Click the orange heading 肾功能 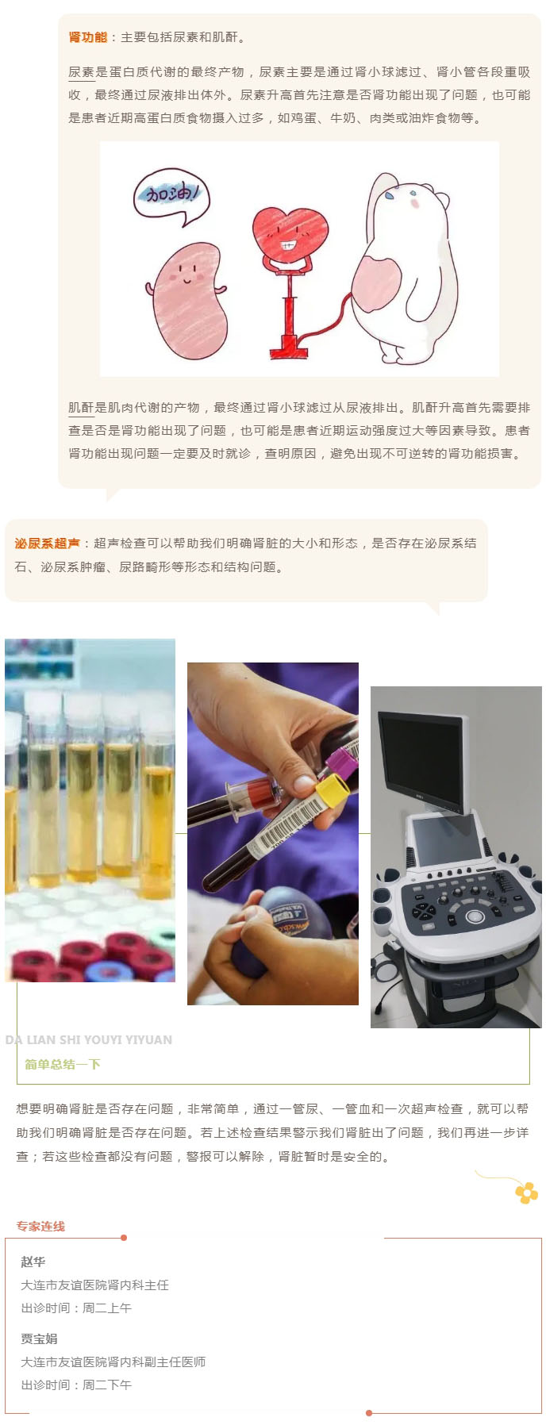tap(87, 37)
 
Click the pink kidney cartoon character tap(187, 301)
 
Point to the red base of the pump tap(290, 346)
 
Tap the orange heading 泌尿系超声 tap(48, 543)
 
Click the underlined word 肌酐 tap(81, 408)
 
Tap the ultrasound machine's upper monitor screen tap(421, 761)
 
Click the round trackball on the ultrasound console tap(475, 916)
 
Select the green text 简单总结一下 tap(63, 1064)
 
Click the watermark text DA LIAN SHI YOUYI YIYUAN tap(88, 1040)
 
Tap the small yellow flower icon tap(526, 1193)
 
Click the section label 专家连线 tap(41, 1226)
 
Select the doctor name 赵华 tap(33, 1262)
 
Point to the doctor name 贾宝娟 tap(40, 1339)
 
